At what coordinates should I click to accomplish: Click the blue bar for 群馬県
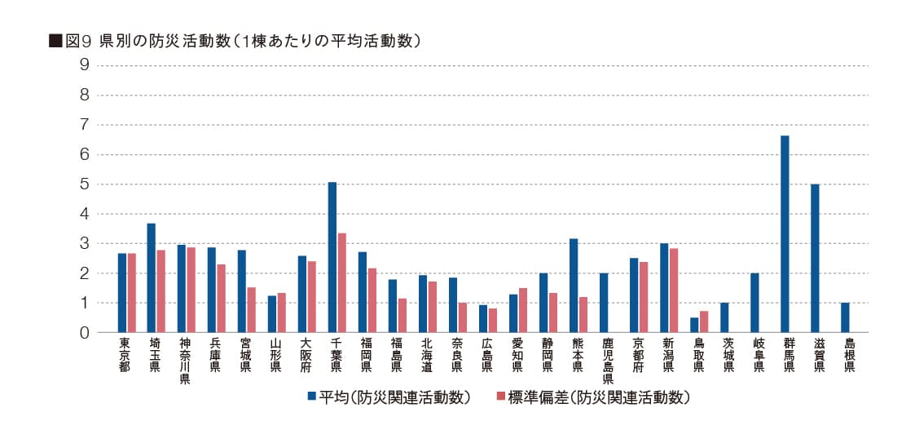click(785, 234)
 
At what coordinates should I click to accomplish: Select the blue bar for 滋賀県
click(815, 259)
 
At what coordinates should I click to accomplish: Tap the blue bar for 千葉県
click(332, 257)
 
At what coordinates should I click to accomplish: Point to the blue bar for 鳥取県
click(694, 325)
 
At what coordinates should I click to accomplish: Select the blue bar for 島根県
click(845, 317)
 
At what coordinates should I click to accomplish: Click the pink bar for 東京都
click(132, 293)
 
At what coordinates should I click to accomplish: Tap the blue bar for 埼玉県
click(152, 277)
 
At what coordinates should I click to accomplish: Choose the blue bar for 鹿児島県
click(604, 303)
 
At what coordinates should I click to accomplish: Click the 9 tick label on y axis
click(85, 65)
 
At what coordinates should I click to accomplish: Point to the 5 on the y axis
click(85, 184)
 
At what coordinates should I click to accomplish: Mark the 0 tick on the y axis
click(85, 333)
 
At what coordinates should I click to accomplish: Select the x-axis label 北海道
click(425, 354)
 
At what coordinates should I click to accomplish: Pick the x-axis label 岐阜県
click(759, 354)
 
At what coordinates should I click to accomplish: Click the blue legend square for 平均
click(311, 397)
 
